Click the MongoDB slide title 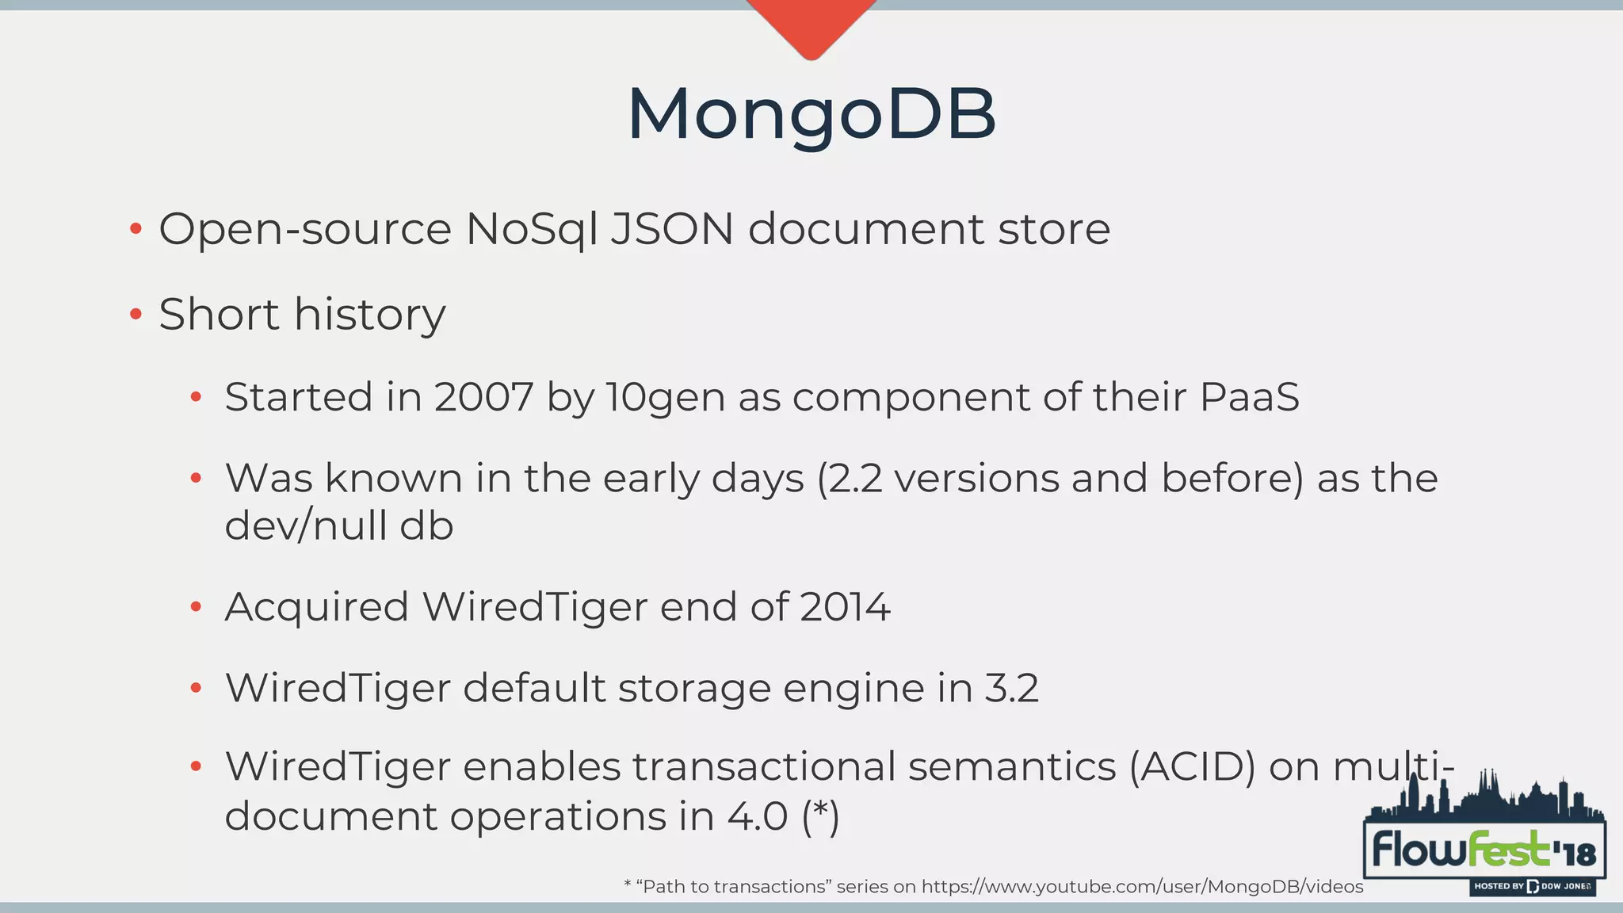click(x=811, y=114)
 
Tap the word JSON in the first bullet click(x=672, y=230)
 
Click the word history click(x=369, y=315)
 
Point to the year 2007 click(x=483, y=397)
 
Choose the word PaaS click(x=1249, y=397)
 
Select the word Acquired click(x=317, y=608)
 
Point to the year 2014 click(x=845, y=608)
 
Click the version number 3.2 click(x=1011, y=688)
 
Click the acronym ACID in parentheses click(x=1193, y=767)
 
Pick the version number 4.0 click(x=757, y=816)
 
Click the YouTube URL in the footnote click(x=1141, y=887)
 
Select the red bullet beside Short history click(x=136, y=315)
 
